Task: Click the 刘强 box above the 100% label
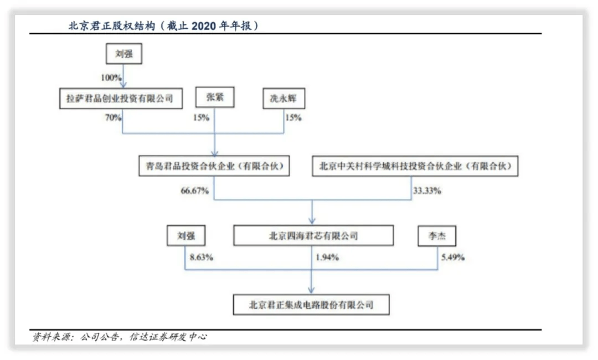tap(124, 53)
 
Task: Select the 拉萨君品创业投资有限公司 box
tap(121, 99)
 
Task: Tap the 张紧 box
tap(215, 97)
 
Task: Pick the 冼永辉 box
tap(283, 99)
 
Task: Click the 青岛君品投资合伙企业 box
tap(214, 166)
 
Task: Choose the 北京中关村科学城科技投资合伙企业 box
tap(415, 166)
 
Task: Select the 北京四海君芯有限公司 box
tap(313, 235)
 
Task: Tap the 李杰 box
tap(437, 236)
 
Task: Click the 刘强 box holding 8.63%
tap(186, 235)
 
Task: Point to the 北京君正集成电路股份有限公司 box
tap(311, 305)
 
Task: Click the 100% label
tap(111, 78)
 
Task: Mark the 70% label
tap(113, 117)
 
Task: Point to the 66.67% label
tap(194, 191)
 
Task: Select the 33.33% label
tap(427, 191)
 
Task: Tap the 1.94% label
tap(327, 258)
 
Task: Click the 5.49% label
tap(453, 258)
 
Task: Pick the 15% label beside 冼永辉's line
tap(293, 117)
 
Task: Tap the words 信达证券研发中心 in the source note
tap(168, 337)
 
